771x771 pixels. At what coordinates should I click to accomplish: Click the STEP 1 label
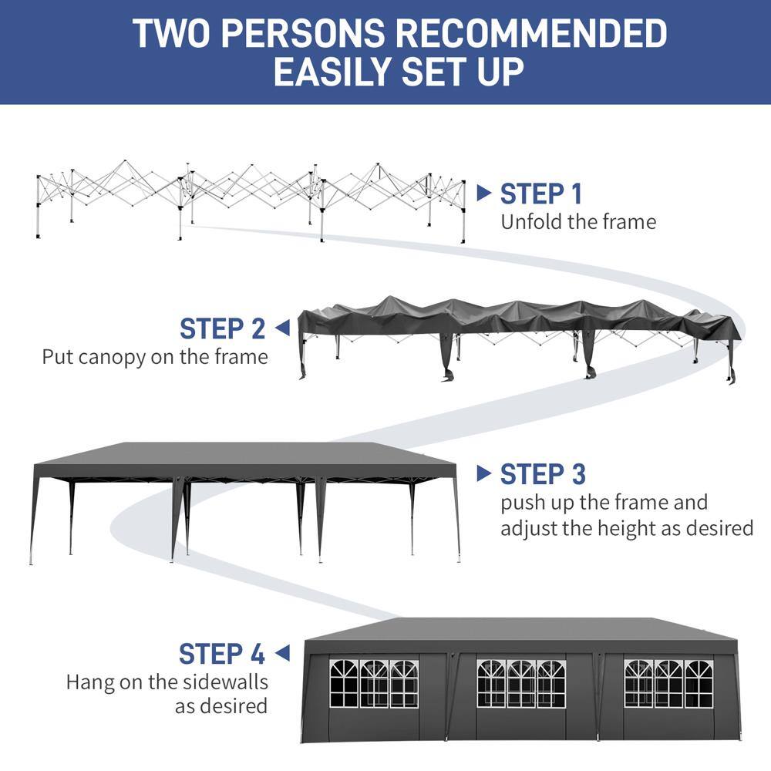pyautogui.click(x=541, y=194)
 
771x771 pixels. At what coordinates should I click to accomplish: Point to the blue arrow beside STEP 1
pyautogui.click(x=483, y=193)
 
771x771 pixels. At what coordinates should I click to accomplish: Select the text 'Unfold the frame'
pyautogui.click(x=578, y=222)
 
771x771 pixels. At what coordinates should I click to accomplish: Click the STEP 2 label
pyautogui.click(x=222, y=328)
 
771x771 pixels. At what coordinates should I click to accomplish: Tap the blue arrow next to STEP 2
pyautogui.click(x=282, y=328)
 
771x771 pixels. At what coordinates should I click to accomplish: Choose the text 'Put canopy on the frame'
pyautogui.click(x=155, y=357)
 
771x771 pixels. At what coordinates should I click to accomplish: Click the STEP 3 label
pyautogui.click(x=542, y=474)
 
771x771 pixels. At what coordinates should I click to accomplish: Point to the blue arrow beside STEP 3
pyautogui.click(x=483, y=473)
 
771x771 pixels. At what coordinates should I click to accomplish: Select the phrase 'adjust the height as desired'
pyautogui.click(x=626, y=528)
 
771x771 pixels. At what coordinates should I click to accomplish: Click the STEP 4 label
pyautogui.click(x=222, y=654)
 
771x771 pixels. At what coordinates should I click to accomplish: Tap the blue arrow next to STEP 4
pyautogui.click(x=282, y=654)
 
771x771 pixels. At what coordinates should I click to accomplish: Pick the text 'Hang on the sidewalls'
pyautogui.click(x=167, y=682)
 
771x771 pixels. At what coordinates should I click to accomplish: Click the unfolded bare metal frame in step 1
pyautogui.click(x=251, y=197)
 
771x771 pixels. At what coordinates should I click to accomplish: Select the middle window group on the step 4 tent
pyautogui.click(x=520, y=683)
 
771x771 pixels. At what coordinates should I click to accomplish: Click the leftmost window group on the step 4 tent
pyautogui.click(x=373, y=683)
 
